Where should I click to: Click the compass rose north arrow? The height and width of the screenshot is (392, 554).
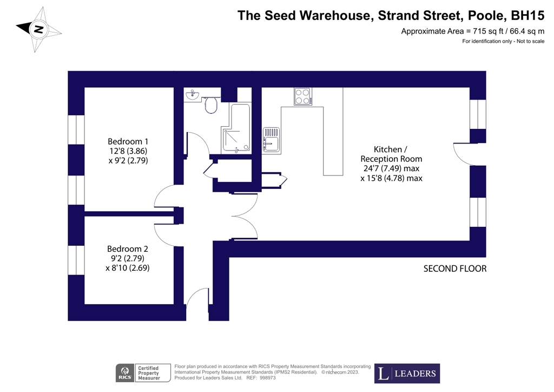38,29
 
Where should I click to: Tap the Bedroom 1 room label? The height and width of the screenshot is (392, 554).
128,141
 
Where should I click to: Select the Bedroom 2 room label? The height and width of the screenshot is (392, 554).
128,249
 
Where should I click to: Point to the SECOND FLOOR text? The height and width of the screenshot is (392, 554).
455,269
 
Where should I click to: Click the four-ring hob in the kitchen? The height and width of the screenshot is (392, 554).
302,96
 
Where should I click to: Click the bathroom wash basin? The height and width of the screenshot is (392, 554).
193,96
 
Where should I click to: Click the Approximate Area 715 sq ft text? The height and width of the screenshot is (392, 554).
472,31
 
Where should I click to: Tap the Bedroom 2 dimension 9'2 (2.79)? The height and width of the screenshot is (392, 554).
128,258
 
